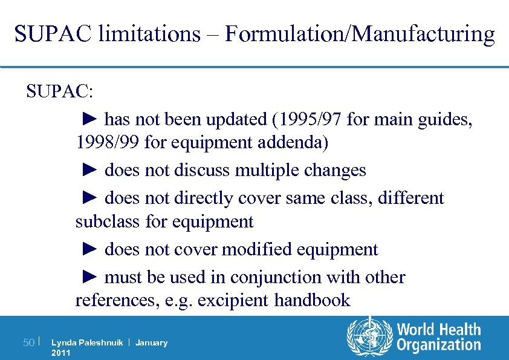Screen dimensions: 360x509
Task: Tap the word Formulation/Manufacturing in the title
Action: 359,34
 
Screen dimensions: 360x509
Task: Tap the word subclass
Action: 108,221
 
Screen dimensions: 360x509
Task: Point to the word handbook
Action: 313,300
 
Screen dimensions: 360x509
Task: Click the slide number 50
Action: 28,343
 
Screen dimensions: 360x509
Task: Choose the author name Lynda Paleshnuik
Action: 87,342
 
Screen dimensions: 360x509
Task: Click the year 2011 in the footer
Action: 61,353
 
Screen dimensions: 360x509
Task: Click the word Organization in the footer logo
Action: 439,345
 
